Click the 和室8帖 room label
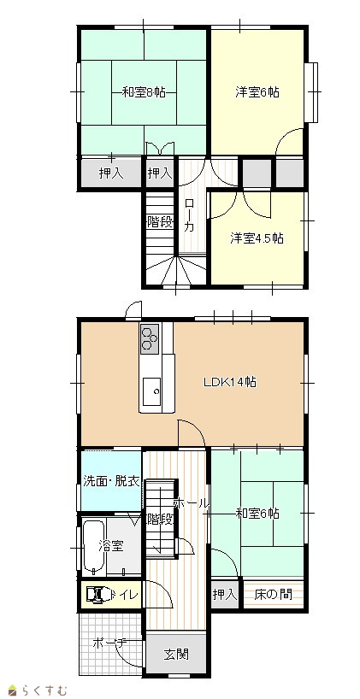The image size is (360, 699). click(144, 92)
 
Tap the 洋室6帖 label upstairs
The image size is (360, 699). click(257, 92)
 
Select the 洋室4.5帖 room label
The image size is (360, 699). click(257, 238)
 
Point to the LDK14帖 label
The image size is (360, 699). click(230, 382)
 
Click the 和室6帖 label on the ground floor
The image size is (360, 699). click(257, 514)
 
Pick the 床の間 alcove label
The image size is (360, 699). click(274, 594)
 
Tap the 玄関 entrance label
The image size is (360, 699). click(176, 655)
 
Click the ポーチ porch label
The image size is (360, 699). click(110, 643)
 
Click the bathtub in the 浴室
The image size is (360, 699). click(94, 546)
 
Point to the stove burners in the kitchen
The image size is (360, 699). click(150, 338)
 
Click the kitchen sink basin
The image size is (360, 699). click(151, 392)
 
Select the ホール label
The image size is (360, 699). click(191, 504)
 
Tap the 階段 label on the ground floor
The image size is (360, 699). click(159, 520)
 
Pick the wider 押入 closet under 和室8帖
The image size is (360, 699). click(110, 173)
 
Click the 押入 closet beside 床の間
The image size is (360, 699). click(225, 595)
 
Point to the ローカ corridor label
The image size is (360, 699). click(190, 215)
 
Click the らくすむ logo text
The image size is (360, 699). click(44, 690)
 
